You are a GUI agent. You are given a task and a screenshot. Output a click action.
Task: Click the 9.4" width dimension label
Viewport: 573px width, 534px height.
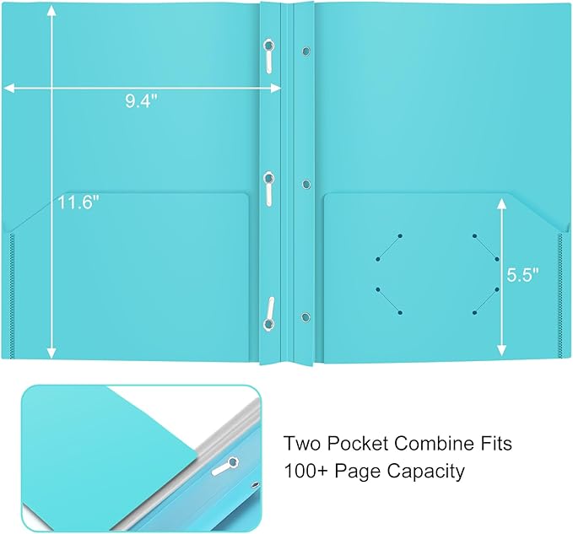[x=141, y=101]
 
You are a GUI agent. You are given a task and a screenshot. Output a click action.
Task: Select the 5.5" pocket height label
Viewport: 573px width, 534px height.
[x=522, y=275]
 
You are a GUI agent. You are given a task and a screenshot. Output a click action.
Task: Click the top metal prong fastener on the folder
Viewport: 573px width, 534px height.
[x=268, y=54]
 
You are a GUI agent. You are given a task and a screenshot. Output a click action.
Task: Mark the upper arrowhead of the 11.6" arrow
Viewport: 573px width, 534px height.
[x=53, y=10]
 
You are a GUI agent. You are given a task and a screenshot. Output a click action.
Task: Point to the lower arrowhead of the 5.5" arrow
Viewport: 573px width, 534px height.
[x=503, y=349]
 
